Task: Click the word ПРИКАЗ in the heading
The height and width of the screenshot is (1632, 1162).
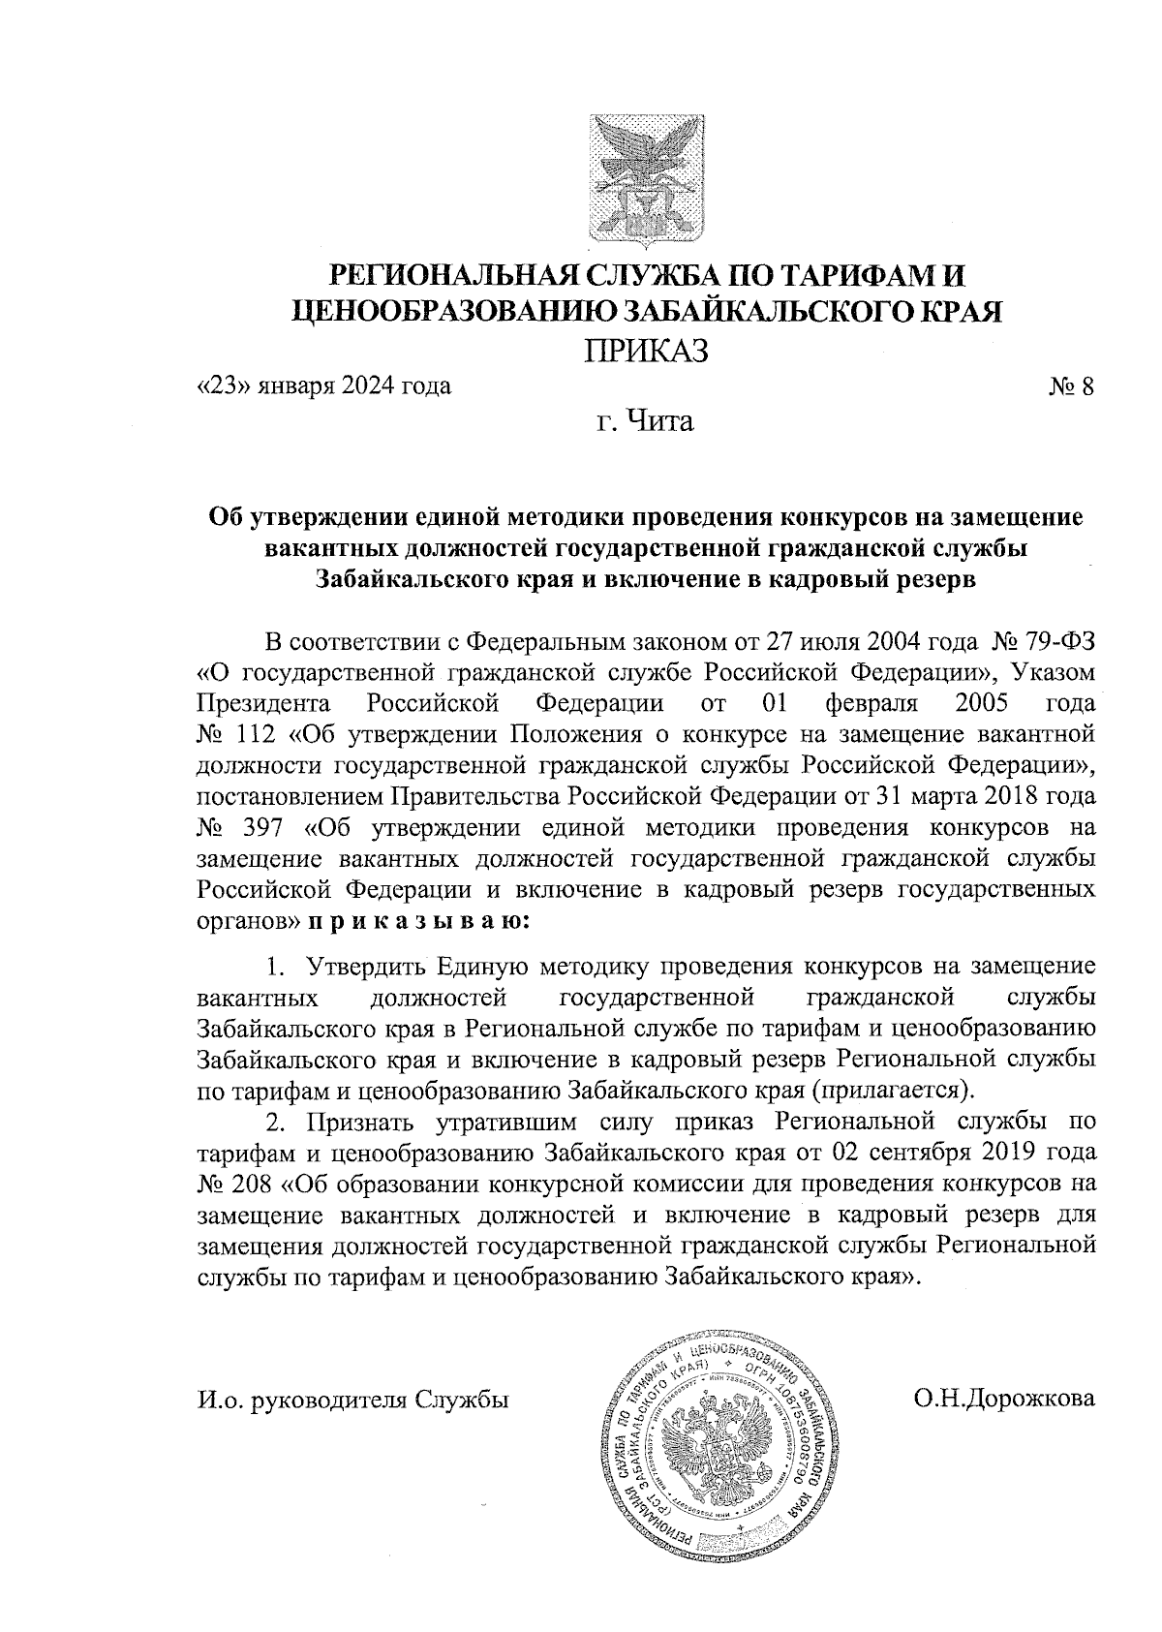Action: [x=646, y=348]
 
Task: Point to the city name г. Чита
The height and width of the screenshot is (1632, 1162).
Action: [x=646, y=421]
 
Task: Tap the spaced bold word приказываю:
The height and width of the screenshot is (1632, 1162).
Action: [x=418, y=920]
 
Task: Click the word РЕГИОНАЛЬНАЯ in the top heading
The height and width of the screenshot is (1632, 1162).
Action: [x=455, y=276]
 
